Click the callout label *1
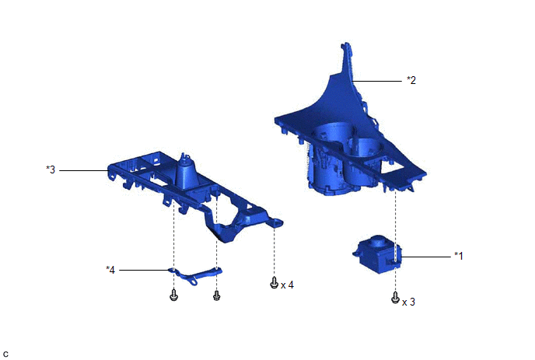click(459, 256)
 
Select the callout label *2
click(411, 80)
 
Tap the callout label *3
click(51, 170)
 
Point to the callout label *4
click(110, 270)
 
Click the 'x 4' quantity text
click(287, 285)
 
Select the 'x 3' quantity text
click(409, 302)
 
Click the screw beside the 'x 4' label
click(274, 282)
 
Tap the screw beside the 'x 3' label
click(395, 298)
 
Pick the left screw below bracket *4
click(173, 295)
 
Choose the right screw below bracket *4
click(217, 295)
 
